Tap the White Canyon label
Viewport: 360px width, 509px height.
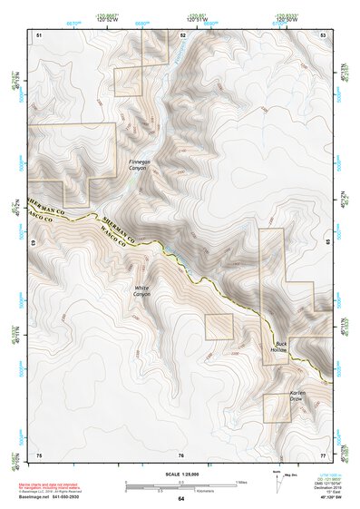tap(142, 291)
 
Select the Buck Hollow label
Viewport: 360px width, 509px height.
tap(279, 347)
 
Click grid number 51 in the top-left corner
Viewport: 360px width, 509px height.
tap(39, 34)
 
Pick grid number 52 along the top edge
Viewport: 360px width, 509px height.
tap(183, 34)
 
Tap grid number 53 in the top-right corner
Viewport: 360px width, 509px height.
tap(324, 34)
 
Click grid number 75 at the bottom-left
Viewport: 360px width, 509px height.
tap(39, 455)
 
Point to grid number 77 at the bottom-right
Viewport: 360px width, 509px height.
tap(323, 455)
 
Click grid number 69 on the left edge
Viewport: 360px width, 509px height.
tap(34, 243)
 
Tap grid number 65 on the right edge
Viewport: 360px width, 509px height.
tap(327, 243)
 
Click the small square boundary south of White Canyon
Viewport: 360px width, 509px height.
tap(219, 327)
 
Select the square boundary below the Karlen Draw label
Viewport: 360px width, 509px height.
tap(277, 407)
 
